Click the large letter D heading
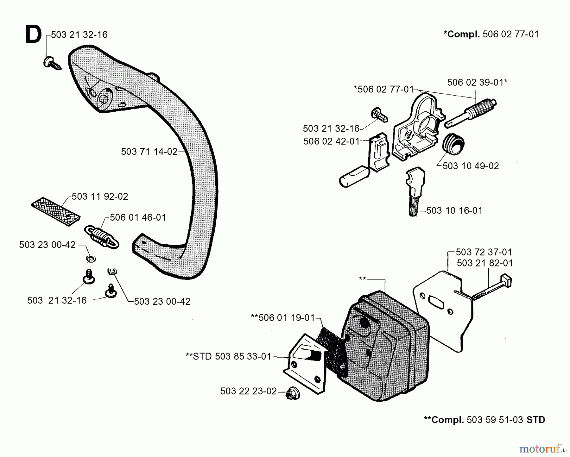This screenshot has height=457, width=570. [x=33, y=35]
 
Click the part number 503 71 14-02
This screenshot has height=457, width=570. [x=149, y=152]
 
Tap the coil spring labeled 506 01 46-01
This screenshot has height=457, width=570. [x=102, y=237]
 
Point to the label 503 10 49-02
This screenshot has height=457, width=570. [x=470, y=166]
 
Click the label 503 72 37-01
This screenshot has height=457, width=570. [x=484, y=252]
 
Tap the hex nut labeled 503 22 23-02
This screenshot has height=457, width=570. [x=290, y=394]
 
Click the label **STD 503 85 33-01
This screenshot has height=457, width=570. [x=228, y=357]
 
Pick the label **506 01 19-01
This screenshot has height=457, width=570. [x=282, y=318]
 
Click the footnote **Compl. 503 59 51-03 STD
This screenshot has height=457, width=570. [x=484, y=420]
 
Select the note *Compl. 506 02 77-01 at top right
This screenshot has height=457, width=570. [x=491, y=34]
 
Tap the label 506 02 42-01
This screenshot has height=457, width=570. [x=331, y=141]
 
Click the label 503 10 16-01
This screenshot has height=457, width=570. [x=454, y=210]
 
